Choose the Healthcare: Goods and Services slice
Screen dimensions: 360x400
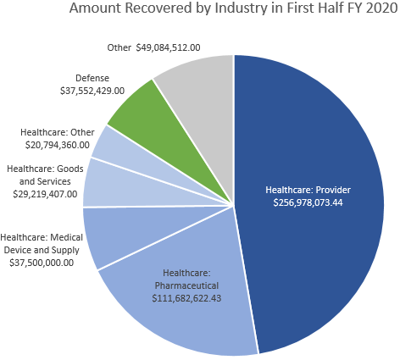point(100,182)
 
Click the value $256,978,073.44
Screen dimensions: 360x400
point(308,204)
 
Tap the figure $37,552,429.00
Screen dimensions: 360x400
point(92,90)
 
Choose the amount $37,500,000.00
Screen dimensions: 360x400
point(38,262)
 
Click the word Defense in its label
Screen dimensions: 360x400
point(92,77)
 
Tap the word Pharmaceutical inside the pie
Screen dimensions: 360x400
point(186,285)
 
